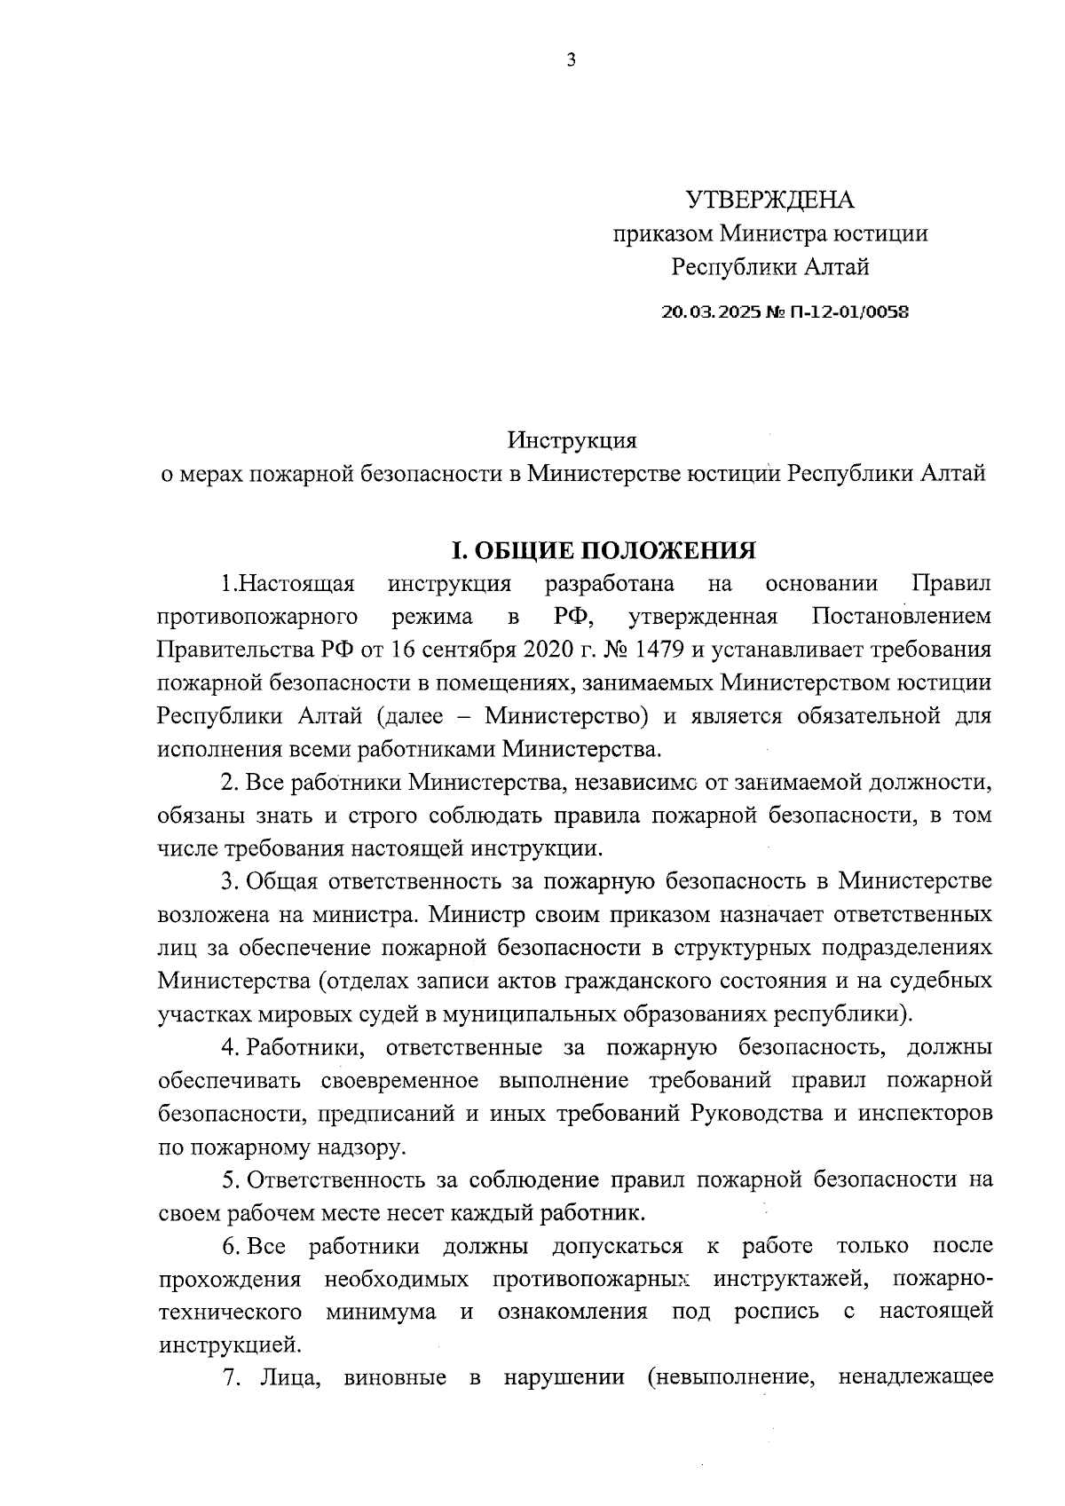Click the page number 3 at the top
tap(571, 60)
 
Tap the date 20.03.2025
tap(706, 312)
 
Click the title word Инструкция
tap(572, 439)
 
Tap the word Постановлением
tap(902, 616)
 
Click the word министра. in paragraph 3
tap(383, 914)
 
